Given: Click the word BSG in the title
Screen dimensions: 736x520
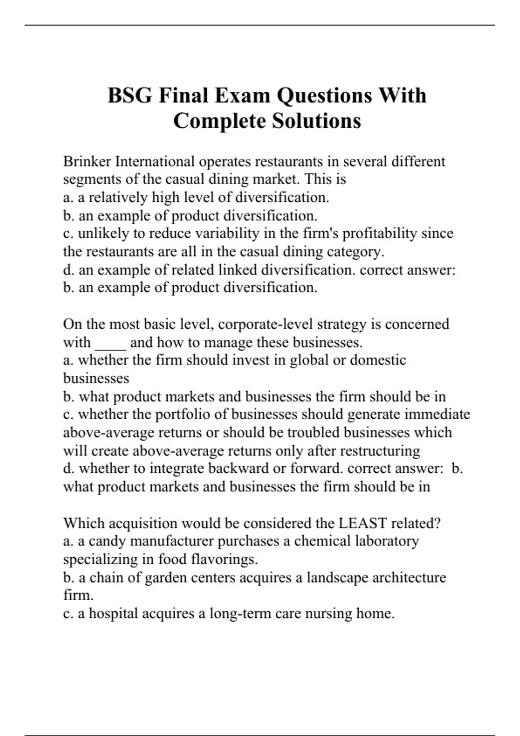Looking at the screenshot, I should (130, 96).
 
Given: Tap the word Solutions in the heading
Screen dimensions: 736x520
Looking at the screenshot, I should (316, 121).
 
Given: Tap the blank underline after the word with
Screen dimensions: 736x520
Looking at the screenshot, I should (110, 343).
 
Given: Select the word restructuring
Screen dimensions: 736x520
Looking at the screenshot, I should (380, 451).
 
